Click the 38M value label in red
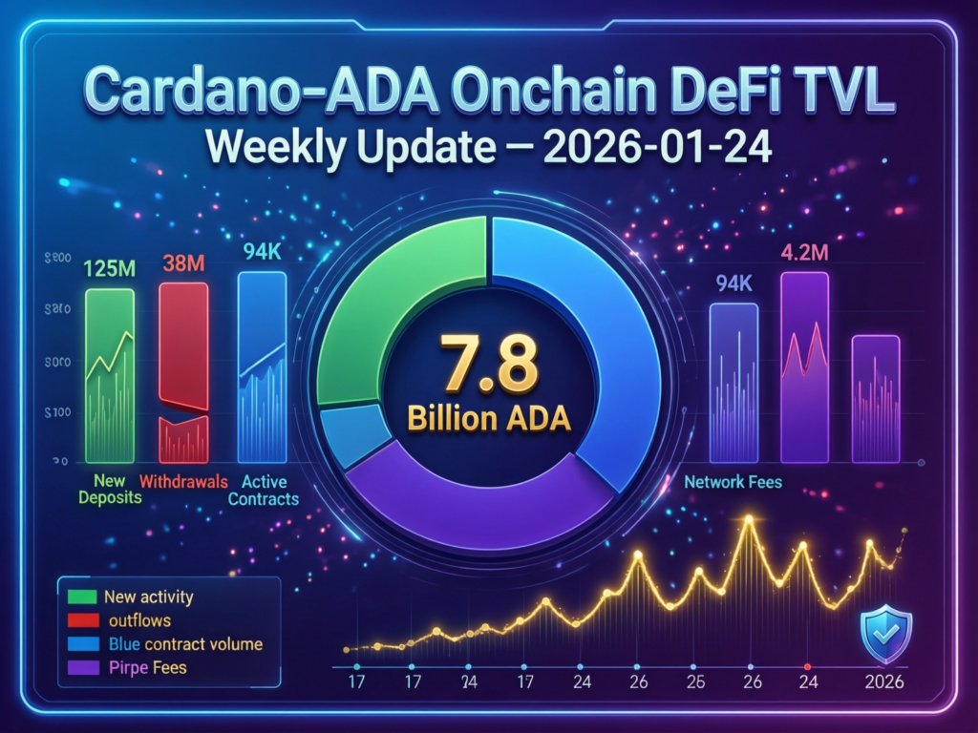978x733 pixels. coord(181,264)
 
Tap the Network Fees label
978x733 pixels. coord(733,482)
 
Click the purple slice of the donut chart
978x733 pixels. coord(478,506)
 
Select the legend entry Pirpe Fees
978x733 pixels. coord(148,667)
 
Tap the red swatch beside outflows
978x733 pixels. coord(84,620)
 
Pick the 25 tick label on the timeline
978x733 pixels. coord(697,683)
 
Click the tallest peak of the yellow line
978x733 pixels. coord(749,521)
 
